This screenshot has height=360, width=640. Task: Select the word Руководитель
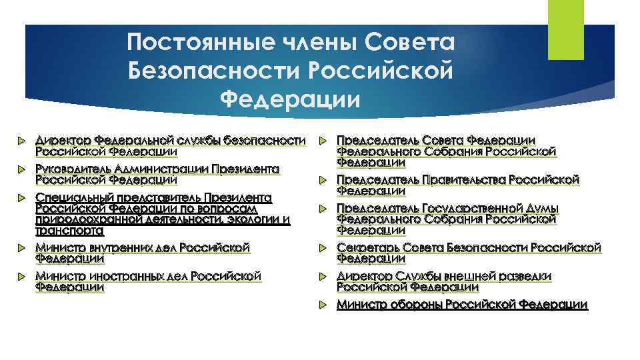[73, 169]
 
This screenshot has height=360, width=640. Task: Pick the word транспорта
[69, 231]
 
